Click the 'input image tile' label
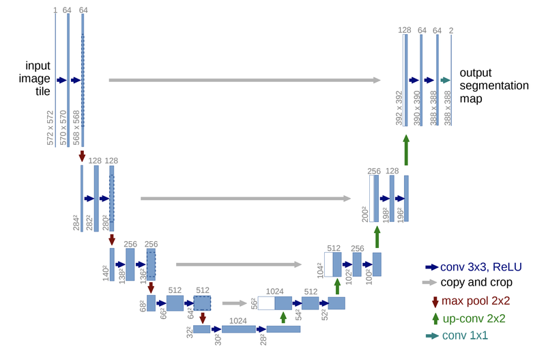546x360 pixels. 38,79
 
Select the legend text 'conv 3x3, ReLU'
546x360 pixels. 478,267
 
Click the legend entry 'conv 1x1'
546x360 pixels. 466,335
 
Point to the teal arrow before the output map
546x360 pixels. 445,80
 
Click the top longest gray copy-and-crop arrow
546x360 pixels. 244,80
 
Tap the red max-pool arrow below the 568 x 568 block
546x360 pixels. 83,156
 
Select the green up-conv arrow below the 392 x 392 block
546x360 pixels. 406,150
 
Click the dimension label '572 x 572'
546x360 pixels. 50,127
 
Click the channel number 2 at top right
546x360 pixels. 452,30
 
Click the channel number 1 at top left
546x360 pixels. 55,10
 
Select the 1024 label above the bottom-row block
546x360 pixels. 238,320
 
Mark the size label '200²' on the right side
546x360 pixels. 365,213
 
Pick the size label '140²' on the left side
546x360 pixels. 105,273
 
